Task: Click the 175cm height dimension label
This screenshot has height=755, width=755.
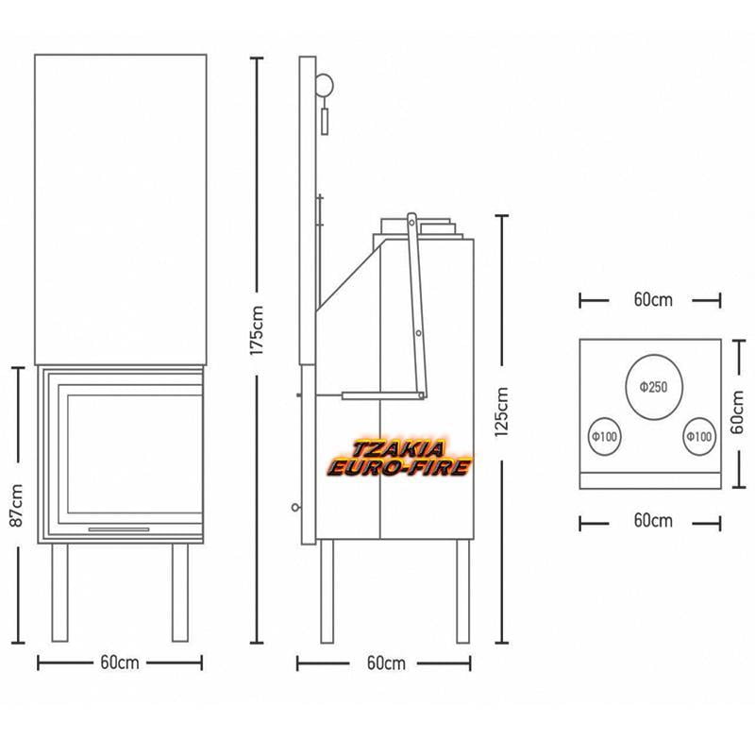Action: pyautogui.click(x=257, y=330)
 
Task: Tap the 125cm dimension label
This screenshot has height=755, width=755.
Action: pyautogui.click(x=502, y=412)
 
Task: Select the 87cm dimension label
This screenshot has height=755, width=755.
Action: pyautogui.click(x=17, y=505)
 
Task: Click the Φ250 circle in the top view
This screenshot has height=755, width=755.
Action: pyautogui.click(x=653, y=387)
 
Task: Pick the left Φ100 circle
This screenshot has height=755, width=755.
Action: pyautogui.click(x=604, y=436)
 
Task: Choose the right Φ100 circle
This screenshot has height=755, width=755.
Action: pyautogui.click(x=699, y=436)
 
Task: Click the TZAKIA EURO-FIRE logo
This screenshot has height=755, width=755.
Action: pyautogui.click(x=398, y=459)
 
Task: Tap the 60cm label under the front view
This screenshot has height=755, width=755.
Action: pyautogui.click(x=120, y=663)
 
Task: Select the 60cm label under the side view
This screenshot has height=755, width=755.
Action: pyautogui.click(x=386, y=663)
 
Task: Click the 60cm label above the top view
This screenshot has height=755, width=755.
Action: pyautogui.click(x=653, y=300)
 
